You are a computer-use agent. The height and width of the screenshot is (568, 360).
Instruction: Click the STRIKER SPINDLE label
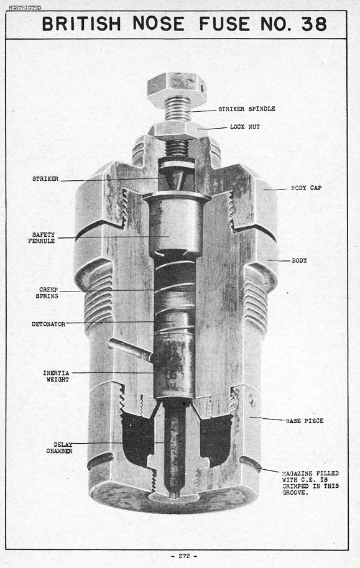click(246, 109)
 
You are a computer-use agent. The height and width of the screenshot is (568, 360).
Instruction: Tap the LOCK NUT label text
click(245, 127)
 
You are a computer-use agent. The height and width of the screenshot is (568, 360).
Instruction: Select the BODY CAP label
click(306, 188)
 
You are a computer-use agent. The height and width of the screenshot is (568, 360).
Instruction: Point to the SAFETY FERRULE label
click(42, 237)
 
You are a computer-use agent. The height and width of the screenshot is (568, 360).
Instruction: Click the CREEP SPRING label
click(47, 293)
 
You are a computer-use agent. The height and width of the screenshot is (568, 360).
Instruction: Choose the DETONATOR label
click(48, 324)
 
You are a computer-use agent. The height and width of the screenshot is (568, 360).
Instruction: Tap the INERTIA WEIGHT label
click(56, 377)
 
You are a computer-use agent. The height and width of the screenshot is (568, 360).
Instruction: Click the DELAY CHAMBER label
click(59, 447)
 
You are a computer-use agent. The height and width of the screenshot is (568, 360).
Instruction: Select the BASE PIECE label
click(305, 421)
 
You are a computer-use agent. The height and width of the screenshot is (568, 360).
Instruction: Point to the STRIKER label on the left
click(45, 178)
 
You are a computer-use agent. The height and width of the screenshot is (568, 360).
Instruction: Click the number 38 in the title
click(314, 24)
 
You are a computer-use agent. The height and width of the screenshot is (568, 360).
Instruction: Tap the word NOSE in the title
click(159, 24)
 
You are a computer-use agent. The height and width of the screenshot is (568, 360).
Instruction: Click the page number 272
click(184, 556)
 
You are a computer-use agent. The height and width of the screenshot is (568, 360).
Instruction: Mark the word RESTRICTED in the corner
click(25, 7)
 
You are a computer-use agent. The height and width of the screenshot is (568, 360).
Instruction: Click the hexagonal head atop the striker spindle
click(177, 89)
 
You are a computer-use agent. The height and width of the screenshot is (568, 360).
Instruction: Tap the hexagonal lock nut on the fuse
click(178, 131)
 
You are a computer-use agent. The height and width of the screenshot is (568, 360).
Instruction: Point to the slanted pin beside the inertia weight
click(131, 350)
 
